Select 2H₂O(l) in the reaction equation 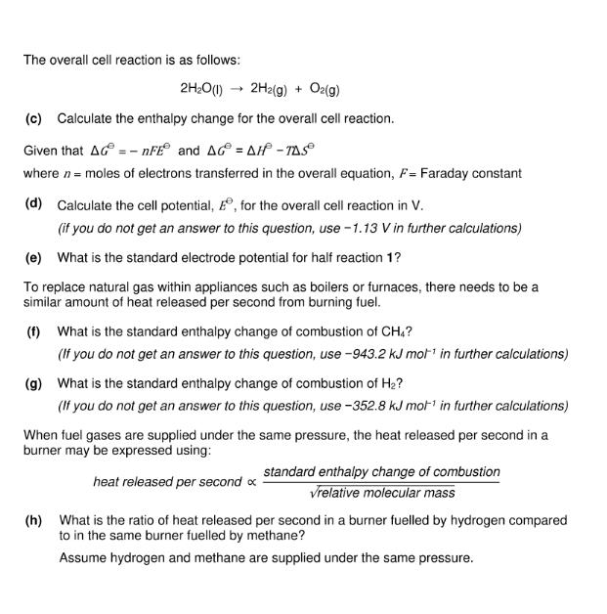click(203, 90)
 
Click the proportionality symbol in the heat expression click(249, 482)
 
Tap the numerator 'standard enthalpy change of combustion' click(381, 471)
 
